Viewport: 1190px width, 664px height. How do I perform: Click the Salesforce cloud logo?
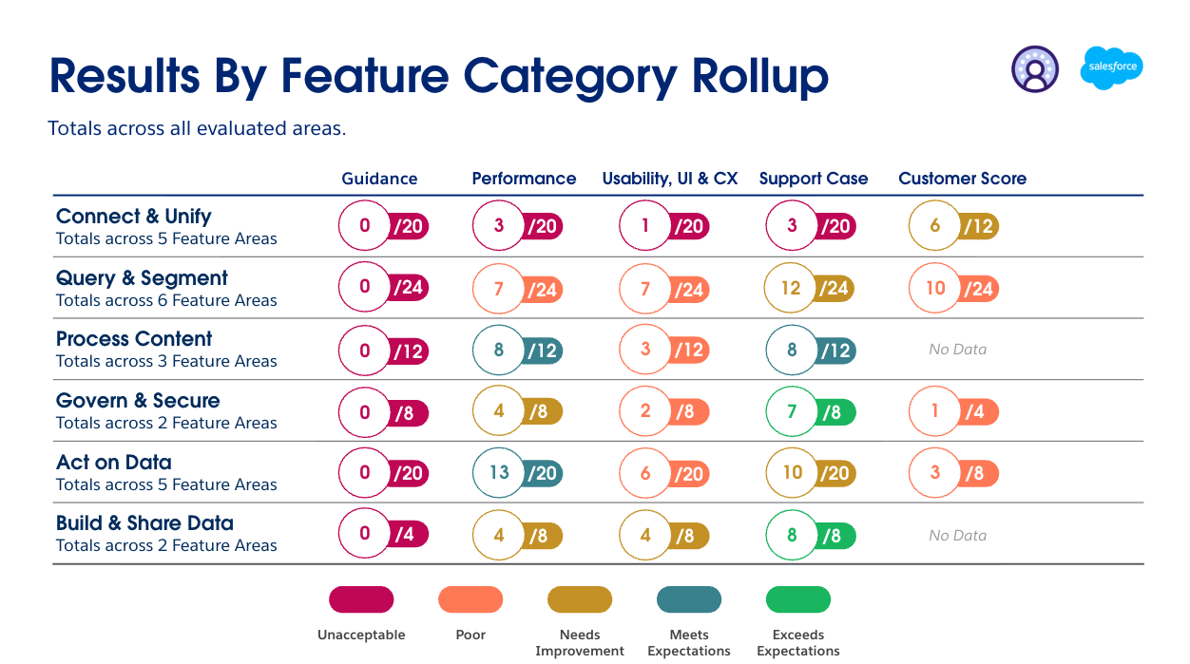[x=1111, y=68]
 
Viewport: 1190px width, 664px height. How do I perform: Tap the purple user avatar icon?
[x=1035, y=69]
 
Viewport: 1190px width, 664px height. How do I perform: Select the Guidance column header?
[x=379, y=179]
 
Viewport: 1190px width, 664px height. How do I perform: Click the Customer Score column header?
[x=962, y=179]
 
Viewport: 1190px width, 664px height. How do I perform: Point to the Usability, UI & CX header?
[x=670, y=179]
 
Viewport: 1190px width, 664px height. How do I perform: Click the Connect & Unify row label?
[x=133, y=216]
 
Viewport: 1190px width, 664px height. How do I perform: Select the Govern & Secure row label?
[x=138, y=400]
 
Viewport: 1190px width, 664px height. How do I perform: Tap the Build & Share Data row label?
[x=144, y=522]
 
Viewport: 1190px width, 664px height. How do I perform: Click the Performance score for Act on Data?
[x=517, y=472]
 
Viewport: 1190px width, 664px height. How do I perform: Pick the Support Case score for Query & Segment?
[x=809, y=288]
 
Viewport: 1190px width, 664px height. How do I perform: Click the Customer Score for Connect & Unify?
[x=953, y=225]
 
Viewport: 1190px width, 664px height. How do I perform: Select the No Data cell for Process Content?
[x=957, y=350]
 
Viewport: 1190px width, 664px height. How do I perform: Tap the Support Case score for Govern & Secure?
[x=811, y=411]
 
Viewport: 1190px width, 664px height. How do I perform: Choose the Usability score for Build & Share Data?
[x=664, y=535]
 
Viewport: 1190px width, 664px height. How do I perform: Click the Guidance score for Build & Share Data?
[x=384, y=533]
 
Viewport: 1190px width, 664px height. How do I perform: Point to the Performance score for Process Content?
[x=517, y=350]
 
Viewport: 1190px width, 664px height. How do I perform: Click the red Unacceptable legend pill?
[x=361, y=599]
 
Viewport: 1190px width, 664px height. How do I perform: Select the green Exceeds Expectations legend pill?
[x=798, y=599]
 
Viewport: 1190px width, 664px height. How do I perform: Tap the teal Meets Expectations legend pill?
[x=689, y=599]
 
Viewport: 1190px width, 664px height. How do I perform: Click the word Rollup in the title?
[x=759, y=77]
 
